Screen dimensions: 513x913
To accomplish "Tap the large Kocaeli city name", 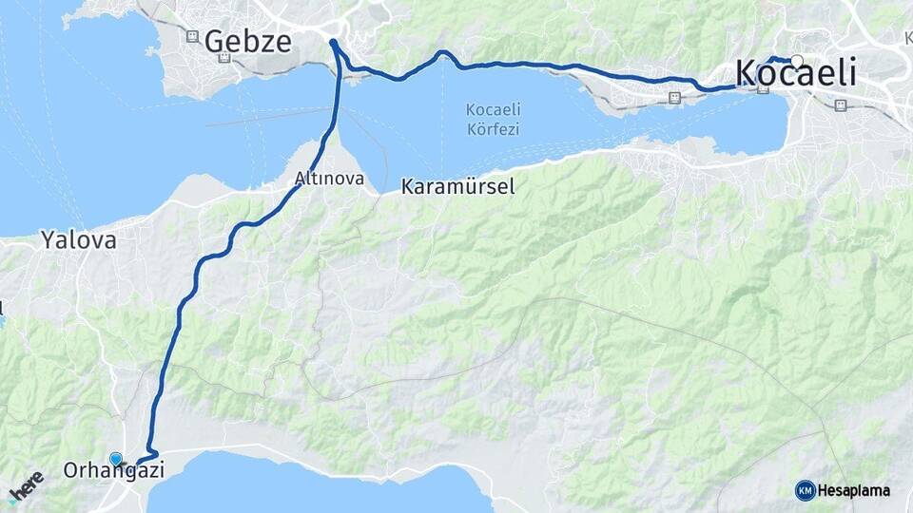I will (796, 74).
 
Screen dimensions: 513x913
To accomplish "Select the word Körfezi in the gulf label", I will (493, 129).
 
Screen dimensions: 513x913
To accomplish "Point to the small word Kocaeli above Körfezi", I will (493, 109).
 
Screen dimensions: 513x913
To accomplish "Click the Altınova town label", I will (329, 178).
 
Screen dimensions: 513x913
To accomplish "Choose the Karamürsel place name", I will (457, 186).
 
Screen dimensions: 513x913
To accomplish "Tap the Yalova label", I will (79, 240).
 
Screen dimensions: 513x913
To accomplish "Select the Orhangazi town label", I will (114, 470).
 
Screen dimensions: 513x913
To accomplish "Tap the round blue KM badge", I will (805, 490).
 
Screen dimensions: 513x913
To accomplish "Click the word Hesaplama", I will (854, 490).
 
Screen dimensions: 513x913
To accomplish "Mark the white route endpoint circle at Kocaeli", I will (797, 61).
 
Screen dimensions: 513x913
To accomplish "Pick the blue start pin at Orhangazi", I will (116, 458).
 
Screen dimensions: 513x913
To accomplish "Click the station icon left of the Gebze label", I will (192, 37).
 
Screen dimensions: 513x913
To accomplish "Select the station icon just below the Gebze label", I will (224, 58).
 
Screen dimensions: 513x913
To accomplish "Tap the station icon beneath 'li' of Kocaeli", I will (841, 105).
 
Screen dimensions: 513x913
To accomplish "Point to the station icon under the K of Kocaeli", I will (763, 90).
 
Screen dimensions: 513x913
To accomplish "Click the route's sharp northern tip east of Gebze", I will (333, 42).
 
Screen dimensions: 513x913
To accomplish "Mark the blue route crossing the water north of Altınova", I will (337, 104).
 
